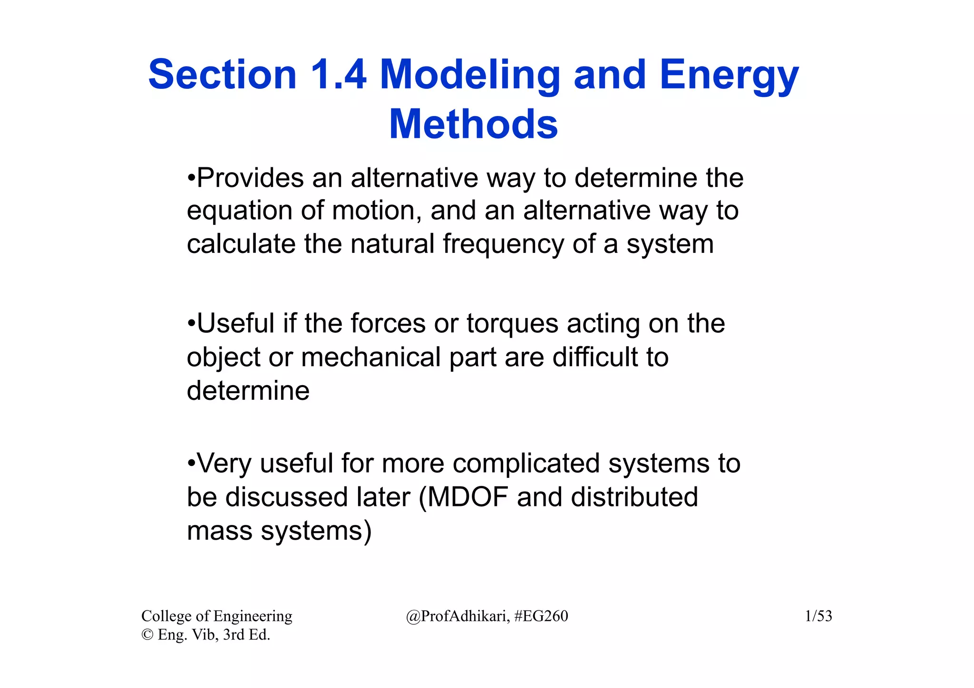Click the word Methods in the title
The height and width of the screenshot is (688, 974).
(x=473, y=124)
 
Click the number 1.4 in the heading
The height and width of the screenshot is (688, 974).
(x=338, y=75)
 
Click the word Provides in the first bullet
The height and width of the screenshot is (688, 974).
(x=250, y=178)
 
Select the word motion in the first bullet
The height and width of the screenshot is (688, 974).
(x=377, y=211)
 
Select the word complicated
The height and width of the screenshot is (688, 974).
(x=526, y=464)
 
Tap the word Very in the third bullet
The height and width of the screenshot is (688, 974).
(x=224, y=464)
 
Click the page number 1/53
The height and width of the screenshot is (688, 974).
(x=818, y=616)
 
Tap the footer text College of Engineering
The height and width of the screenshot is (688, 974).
(x=217, y=616)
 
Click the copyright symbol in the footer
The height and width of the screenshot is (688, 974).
(x=147, y=635)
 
